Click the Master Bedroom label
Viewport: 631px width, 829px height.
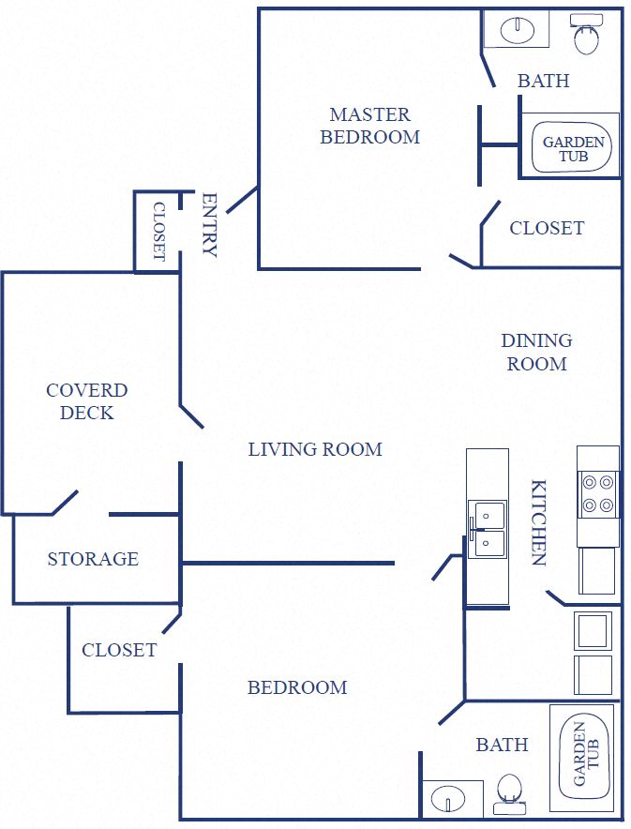click(x=369, y=126)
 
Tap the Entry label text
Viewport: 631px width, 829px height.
click(x=209, y=225)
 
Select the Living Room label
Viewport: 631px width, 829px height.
click(x=315, y=449)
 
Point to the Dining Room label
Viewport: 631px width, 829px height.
click(x=536, y=352)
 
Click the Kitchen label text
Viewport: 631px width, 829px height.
click(x=539, y=522)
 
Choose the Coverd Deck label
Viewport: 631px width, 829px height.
click(x=86, y=401)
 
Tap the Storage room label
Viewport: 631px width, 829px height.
click(x=93, y=559)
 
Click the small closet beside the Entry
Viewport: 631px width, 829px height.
click(x=158, y=232)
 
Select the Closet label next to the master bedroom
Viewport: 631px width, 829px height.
click(x=547, y=228)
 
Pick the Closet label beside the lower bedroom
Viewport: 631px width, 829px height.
click(x=119, y=650)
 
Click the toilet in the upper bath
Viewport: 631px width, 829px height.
click(x=587, y=36)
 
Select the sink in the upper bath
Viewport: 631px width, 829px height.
click(x=517, y=30)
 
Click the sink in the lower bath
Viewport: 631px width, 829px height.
click(x=450, y=800)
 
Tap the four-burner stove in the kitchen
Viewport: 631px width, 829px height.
click(x=598, y=494)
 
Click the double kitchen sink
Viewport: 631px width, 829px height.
click(x=488, y=528)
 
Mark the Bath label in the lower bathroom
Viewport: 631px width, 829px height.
click(x=502, y=745)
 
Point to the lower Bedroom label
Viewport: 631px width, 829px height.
click(x=297, y=687)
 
